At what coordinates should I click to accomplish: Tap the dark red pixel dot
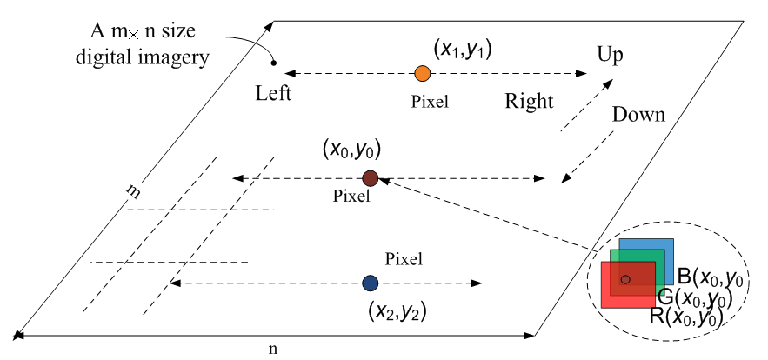pyautogui.click(x=370, y=178)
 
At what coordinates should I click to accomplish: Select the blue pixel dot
pyautogui.click(x=371, y=283)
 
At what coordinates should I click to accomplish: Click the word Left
pyautogui.click(x=274, y=93)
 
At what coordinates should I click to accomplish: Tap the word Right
pyautogui.click(x=529, y=102)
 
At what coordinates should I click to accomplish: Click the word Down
pyautogui.click(x=638, y=115)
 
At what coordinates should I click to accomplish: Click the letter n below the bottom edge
pyautogui.click(x=273, y=348)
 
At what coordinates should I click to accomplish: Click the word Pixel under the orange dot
pyautogui.click(x=430, y=102)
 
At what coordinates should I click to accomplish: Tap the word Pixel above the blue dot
pyautogui.click(x=404, y=258)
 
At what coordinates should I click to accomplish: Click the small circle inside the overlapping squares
pyautogui.click(x=625, y=279)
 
